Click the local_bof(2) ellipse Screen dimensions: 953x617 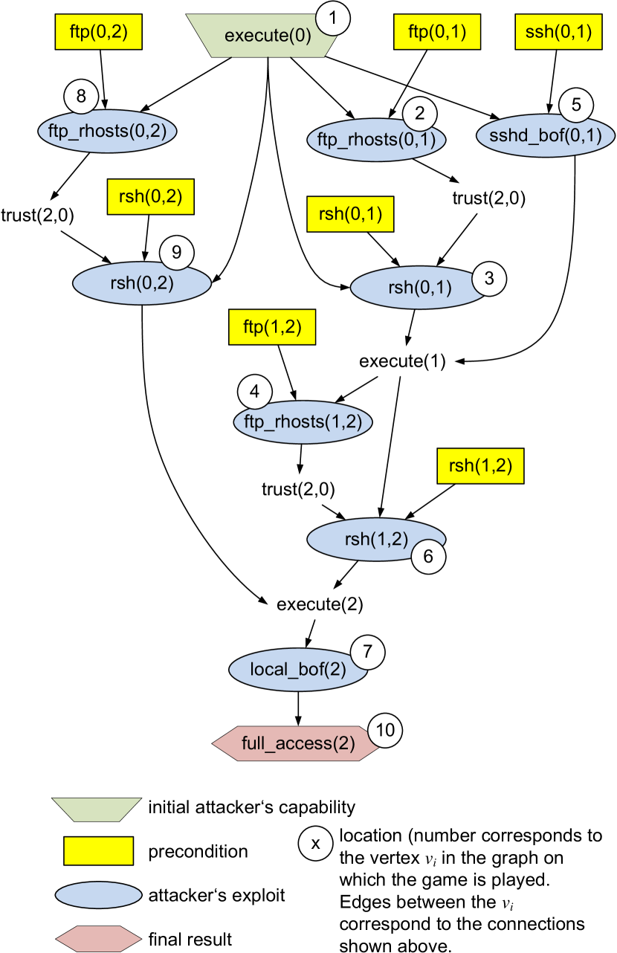[298, 669]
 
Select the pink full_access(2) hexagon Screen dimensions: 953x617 [297, 743]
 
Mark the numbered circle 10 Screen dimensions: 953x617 [385, 730]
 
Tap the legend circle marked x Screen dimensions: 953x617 [315, 844]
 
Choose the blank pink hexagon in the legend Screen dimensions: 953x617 [99, 939]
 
